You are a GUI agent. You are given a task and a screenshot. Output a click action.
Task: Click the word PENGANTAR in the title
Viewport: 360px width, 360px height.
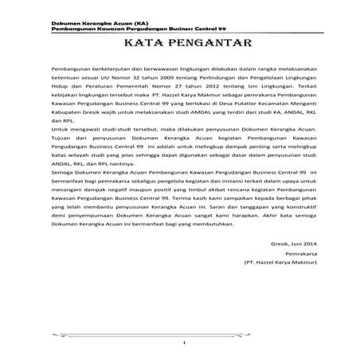[202, 41]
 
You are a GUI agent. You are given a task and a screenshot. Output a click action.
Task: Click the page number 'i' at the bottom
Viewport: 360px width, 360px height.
[182, 343]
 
